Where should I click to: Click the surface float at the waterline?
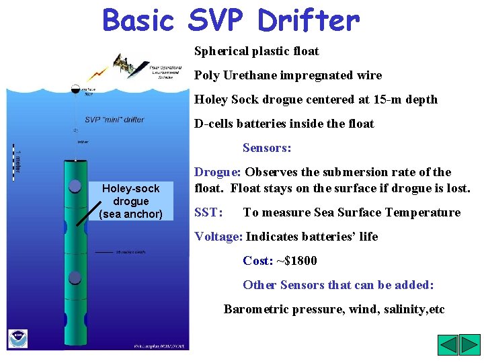(x=75, y=89)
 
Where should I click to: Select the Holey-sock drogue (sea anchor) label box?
(x=130, y=202)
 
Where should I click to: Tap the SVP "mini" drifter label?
(x=114, y=120)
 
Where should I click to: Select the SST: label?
(x=208, y=212)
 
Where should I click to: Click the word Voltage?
(x=218, y=237)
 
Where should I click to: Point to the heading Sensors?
(x=267, y=148)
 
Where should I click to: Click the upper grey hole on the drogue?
(x=75, y=187)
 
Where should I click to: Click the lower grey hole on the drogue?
(x=75, y=278)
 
